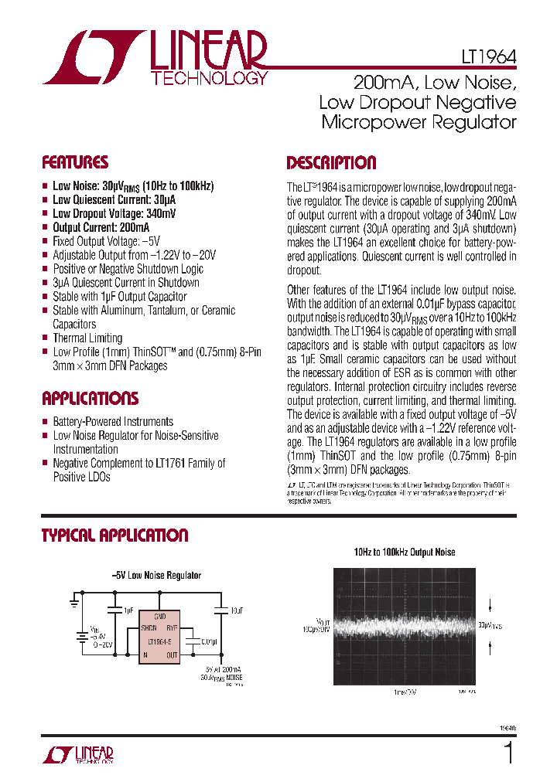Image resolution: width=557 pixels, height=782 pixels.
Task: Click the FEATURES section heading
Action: (74, 163)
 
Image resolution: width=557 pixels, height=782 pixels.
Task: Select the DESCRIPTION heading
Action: (331, 163)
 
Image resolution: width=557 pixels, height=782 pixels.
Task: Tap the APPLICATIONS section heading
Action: (90, 399)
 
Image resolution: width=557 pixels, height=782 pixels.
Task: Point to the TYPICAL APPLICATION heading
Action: (114, 535)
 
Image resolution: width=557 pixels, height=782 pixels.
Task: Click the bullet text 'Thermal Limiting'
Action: (87, 338)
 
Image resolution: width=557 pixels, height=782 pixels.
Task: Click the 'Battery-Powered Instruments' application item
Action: (113, 422)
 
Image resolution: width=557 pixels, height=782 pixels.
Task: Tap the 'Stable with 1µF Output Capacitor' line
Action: (120, 297)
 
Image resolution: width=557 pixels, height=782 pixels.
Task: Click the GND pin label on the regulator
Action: (159, 616)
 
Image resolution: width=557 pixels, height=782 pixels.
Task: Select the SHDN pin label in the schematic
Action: (149, 628)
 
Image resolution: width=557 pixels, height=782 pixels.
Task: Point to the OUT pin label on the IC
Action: (172, 655)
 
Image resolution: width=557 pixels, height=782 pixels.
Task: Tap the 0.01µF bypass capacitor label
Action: (209, 641)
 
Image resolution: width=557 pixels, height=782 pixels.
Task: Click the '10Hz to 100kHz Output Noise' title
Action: (405, 552)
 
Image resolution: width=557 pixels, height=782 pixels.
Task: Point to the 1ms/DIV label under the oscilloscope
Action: (404, 692)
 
